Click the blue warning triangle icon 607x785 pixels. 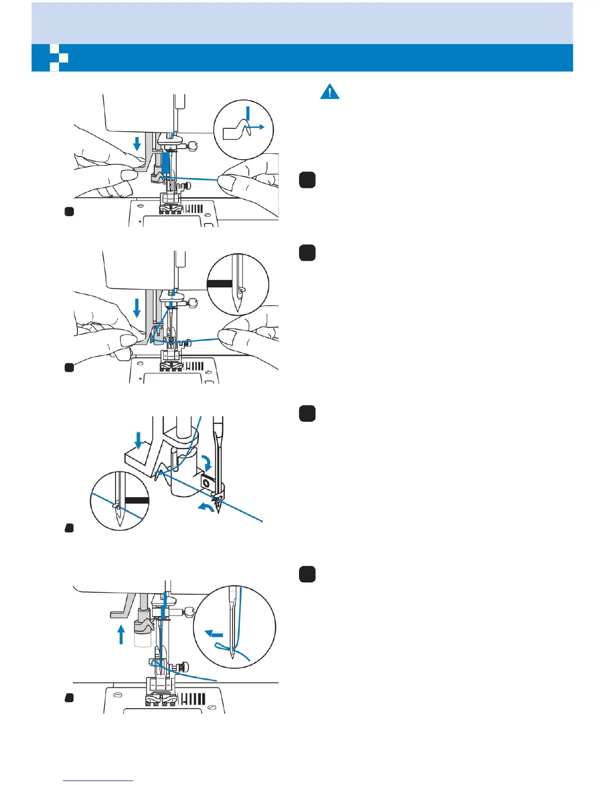(330, 92)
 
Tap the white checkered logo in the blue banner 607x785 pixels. (59, 58)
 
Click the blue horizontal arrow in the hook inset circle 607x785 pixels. (258, 127)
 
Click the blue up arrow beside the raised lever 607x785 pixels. (121, 634)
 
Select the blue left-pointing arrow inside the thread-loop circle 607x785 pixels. (214, 634)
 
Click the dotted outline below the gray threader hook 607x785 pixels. (142, 640)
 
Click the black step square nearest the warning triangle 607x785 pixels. (307, 180)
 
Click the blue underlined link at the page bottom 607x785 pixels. (98, 781)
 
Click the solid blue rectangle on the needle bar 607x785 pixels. (166, 163)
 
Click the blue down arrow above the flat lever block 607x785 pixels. (138, 439)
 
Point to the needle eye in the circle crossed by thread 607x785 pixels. (117, 506)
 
